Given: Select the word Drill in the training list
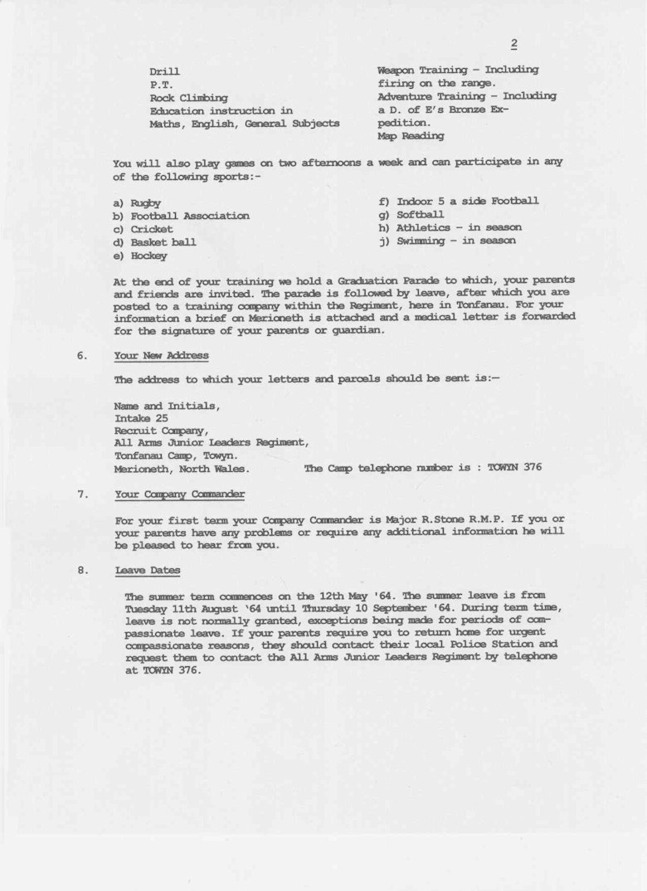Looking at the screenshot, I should (x=164, y=72).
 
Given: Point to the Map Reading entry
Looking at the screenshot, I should (x=410, y=135).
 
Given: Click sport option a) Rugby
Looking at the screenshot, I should (x=137, y=203).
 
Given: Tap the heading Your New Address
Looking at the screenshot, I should (x=162, y=355).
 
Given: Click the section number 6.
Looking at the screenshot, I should (x=82, y=355).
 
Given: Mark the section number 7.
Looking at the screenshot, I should (x=82, y=494).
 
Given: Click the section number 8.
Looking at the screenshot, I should (x=82, y=571).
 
